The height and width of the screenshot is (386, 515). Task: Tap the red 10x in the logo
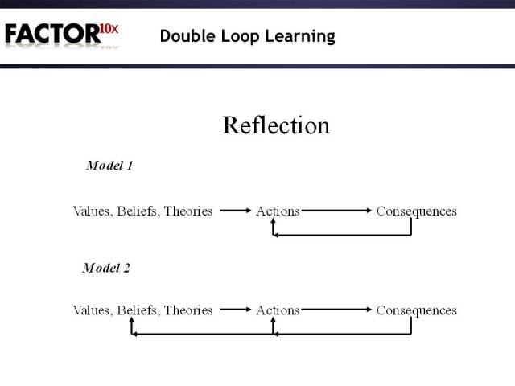point(109,30)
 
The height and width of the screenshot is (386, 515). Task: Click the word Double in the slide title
point(185,36)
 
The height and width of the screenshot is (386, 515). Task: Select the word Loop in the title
point(238,36)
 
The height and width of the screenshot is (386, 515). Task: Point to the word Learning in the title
point(301,36)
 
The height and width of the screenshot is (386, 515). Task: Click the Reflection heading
point(275,125)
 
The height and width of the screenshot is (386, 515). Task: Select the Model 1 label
point(109,166)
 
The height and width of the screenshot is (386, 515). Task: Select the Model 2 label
point(106,268)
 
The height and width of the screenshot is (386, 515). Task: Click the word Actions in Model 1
point(278,211)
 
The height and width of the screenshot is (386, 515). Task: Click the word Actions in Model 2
point(278,310)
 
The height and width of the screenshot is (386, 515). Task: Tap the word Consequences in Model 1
point(416,211)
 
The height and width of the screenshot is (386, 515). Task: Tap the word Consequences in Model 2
point(416,310)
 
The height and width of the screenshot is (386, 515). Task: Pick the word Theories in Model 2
point(188,310)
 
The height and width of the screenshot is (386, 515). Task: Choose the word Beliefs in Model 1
point(138,211)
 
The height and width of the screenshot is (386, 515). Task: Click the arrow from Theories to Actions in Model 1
point(235,211)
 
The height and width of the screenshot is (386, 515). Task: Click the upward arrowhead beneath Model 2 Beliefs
point(133,323)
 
